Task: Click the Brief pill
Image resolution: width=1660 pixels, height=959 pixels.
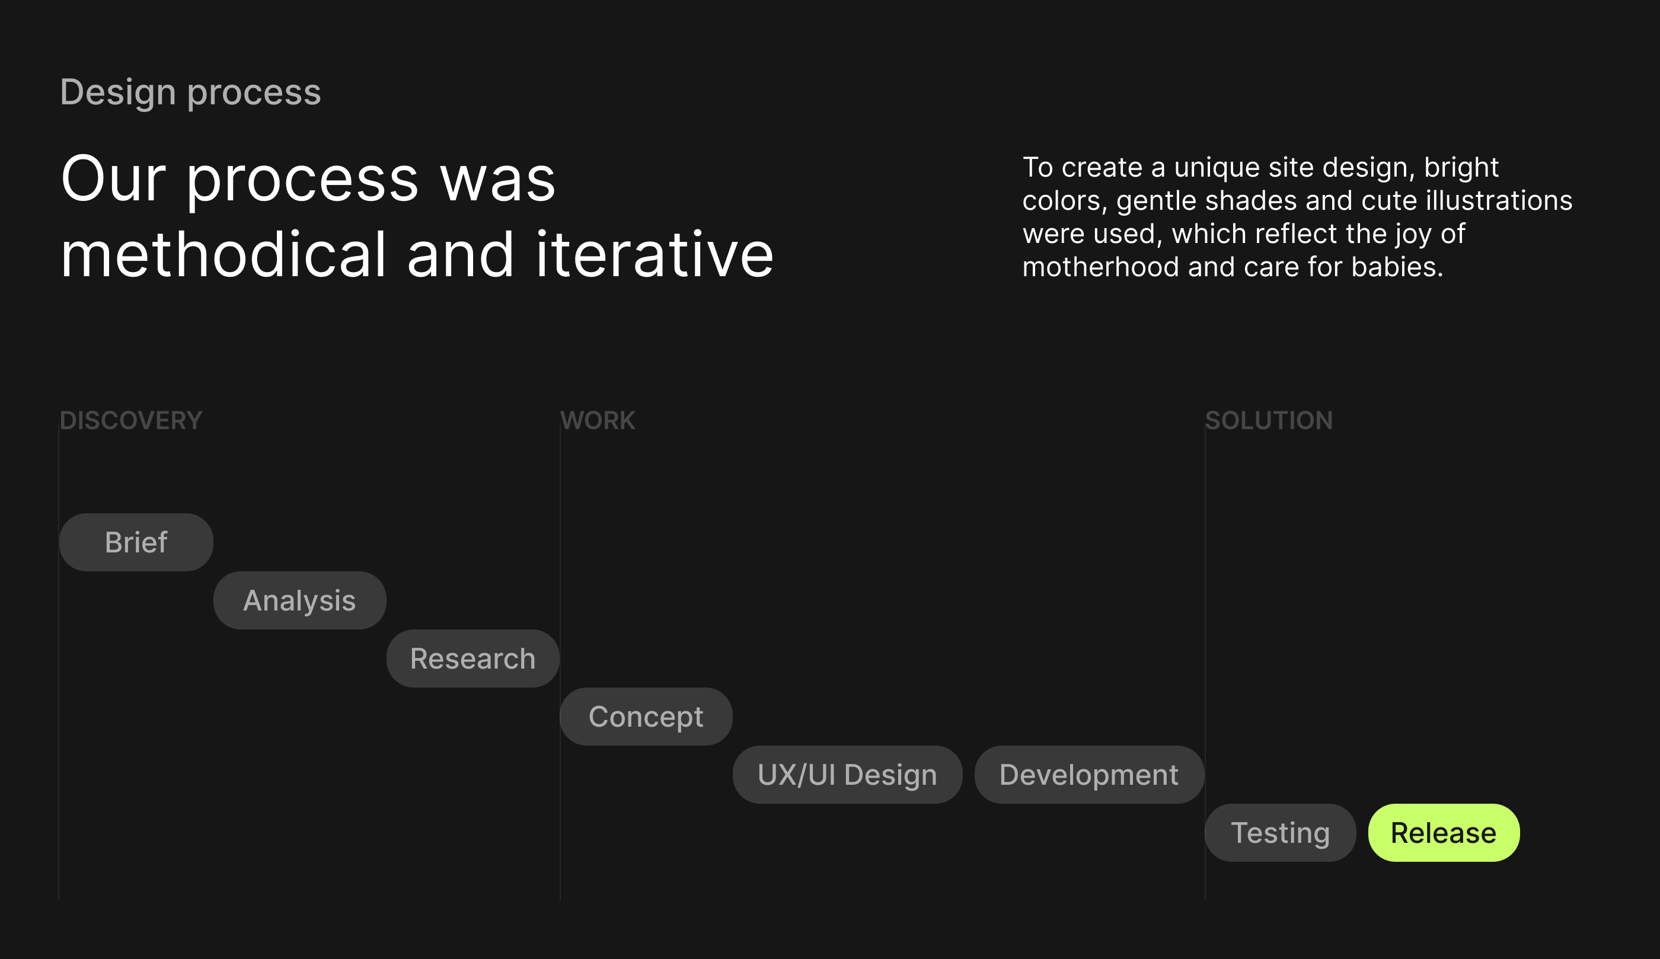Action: click(x=136, y=542)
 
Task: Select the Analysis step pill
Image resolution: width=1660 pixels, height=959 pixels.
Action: click(x=300, y=600)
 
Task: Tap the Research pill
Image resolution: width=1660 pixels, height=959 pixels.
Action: click(x=473, y=658)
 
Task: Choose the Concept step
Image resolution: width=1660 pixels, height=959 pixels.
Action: click(x=646, y=716)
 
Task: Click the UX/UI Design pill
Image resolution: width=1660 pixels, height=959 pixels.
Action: click(x=847, y=774)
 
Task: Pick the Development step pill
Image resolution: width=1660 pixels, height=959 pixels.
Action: click(x=1090, y=774)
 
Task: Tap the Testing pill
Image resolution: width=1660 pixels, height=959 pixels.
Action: click(x=1281, y=832)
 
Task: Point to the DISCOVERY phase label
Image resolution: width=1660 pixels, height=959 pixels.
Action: click(x=131, y=420)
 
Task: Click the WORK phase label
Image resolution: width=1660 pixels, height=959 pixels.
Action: click(x=598, y=420)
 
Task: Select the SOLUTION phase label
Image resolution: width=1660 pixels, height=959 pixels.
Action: click(x=1269, y=420)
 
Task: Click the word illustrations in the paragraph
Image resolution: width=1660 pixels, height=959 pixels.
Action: click(x=1499, y=200)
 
